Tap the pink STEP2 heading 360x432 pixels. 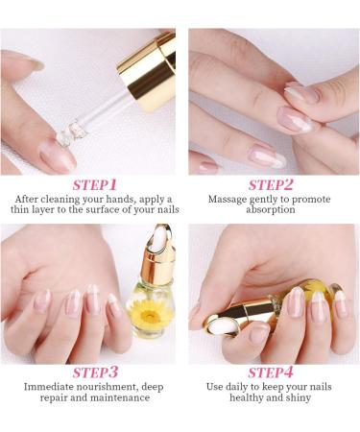pyautogui.click(x=272, y=184)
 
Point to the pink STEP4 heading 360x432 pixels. pyautogui.click(x=272, y=371)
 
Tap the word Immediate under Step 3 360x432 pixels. pyautogui.click(x=48, y=388)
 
